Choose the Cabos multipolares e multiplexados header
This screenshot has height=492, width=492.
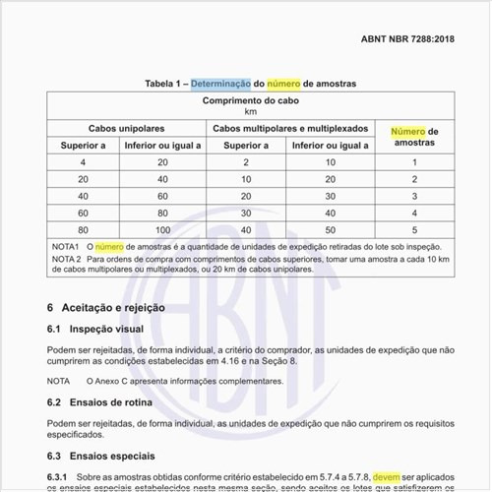[x=290, y=129]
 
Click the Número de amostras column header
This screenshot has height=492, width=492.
[x=414, y=137]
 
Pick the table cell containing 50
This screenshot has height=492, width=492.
[x=331, y=228]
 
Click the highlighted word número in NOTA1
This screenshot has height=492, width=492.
[x=108, y=246]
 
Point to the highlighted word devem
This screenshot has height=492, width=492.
[x=385, y=476]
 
